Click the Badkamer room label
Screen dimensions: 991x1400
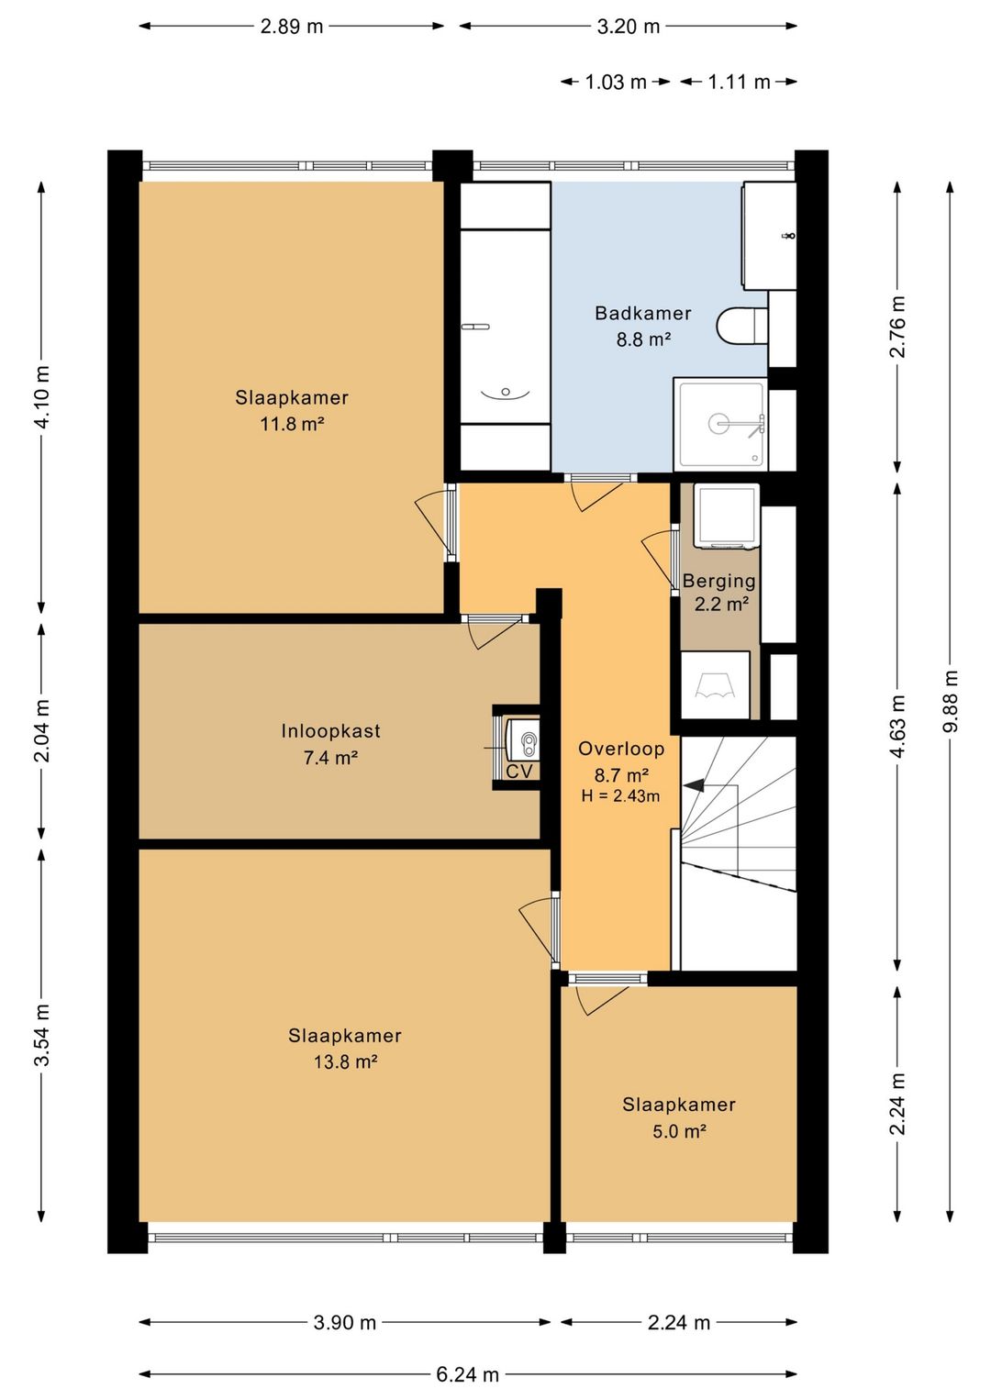pos(642,313)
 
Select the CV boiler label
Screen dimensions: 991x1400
pos(519,771)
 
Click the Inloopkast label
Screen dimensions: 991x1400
pos(330,730)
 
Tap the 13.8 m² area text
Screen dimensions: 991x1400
pos(345,1061)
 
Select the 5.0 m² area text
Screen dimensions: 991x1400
pos(680,1130)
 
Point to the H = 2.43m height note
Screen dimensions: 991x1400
pos(620,795)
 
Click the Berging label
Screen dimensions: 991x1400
pos(719,581)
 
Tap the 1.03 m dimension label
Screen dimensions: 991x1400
pos(616,82)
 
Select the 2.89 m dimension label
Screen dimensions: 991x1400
pos(292,27)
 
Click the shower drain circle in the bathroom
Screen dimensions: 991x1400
pos(719,423)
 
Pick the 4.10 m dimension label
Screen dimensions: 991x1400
pos(42,397)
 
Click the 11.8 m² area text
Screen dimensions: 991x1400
pos(292,425)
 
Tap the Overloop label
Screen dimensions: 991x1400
pos(621,748)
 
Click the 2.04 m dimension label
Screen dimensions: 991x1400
pos(42,731)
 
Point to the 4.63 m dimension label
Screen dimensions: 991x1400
pos(897,727)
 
